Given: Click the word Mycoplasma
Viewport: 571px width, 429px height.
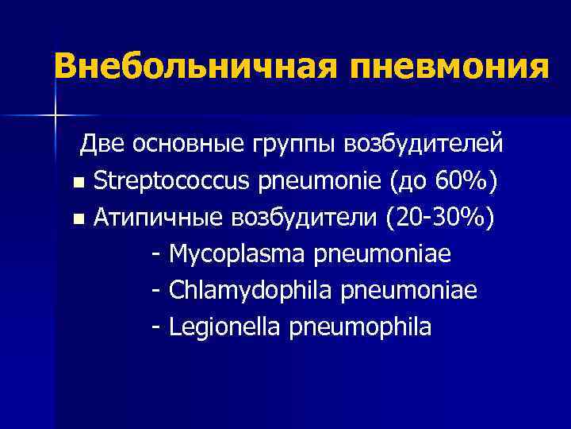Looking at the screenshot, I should point(238,255).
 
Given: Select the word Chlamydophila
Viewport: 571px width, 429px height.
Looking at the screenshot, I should point(251,292).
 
